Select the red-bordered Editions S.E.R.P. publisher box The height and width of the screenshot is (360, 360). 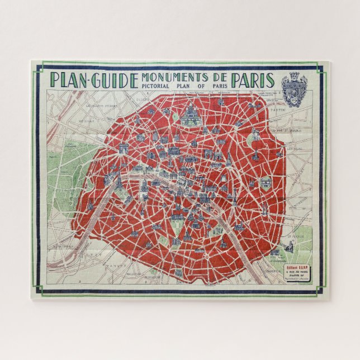tap(300, 273)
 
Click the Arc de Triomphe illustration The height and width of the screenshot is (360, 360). tap(124, 148)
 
